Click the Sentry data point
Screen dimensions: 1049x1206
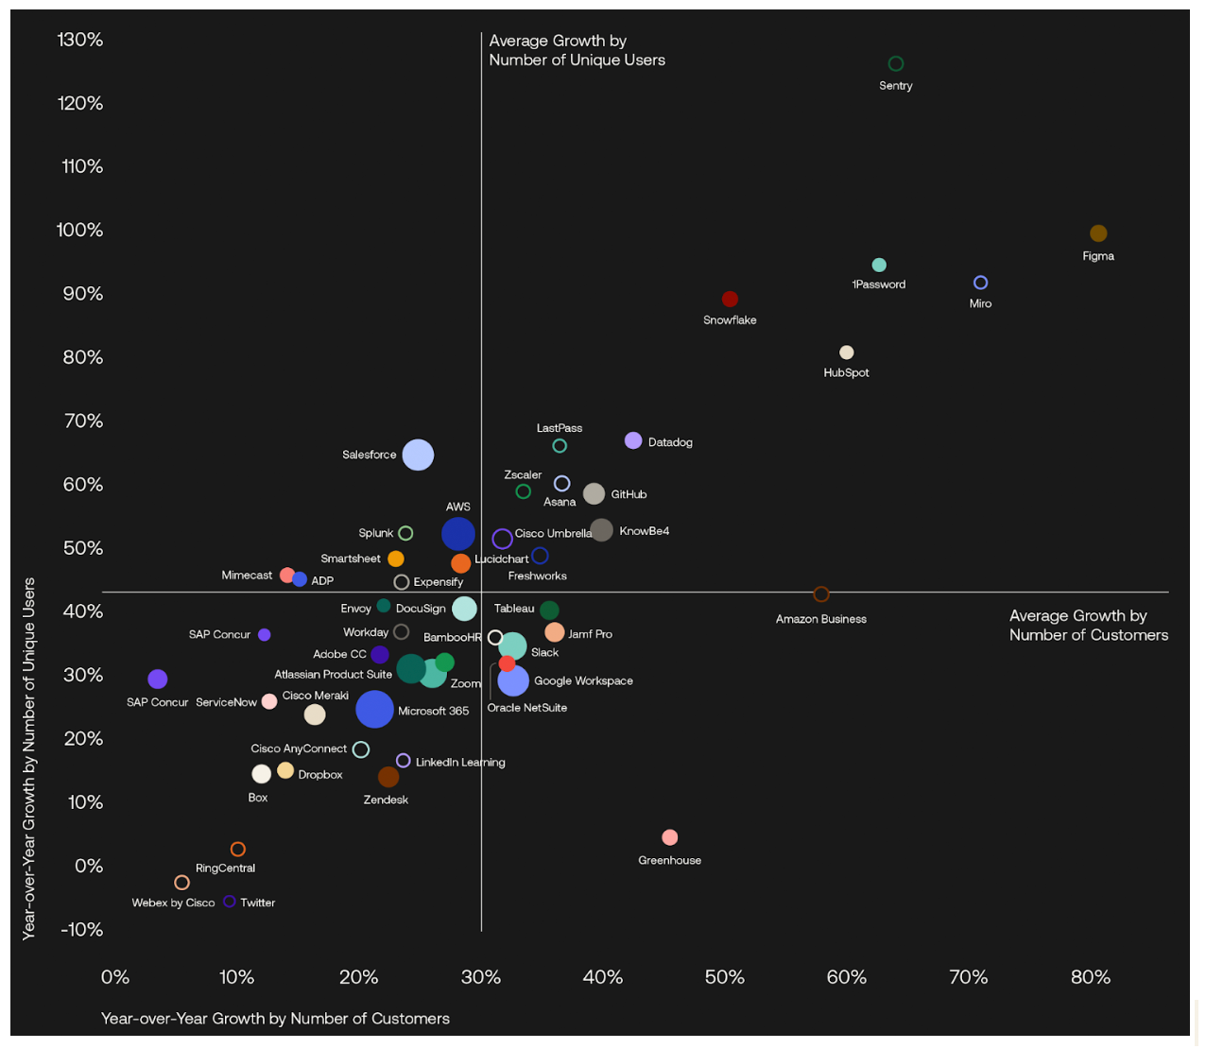896,64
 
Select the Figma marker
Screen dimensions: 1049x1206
1098,233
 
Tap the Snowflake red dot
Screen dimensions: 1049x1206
730,300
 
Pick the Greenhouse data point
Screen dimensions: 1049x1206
670,837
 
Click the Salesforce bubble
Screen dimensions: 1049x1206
418,455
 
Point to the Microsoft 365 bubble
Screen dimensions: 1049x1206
374,709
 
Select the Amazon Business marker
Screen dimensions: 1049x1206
821,594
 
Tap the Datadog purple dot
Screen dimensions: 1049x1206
633,440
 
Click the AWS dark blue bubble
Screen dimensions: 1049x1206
458,534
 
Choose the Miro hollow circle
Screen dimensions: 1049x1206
981,283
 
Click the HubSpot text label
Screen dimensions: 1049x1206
846,372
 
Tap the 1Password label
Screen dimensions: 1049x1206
879,284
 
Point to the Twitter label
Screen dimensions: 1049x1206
257,903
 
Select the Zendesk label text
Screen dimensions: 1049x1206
386,800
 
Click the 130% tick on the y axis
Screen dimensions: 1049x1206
80,40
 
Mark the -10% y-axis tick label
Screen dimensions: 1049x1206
82,930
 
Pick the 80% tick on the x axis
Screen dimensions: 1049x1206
1091,977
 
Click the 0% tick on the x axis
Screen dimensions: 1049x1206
115,977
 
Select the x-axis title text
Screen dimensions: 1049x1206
275,1019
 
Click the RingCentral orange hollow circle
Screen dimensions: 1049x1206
238,850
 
